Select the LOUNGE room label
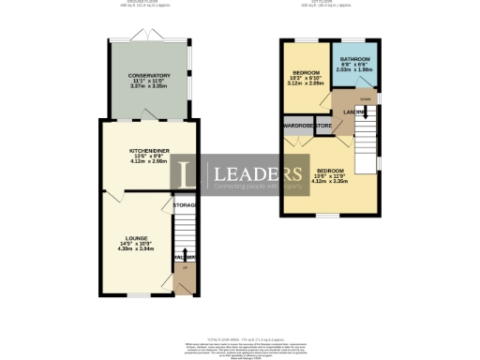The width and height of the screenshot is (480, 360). (x=136, y=239)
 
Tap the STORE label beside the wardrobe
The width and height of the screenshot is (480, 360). (x=323, y=125)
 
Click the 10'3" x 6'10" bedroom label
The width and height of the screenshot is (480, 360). (x=307, y=73)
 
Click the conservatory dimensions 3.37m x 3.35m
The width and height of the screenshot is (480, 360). (x=149, y=88)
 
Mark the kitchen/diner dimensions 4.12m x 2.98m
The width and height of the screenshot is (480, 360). (x=149, y=160)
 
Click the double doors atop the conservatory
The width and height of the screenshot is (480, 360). (x=150, y=35)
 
